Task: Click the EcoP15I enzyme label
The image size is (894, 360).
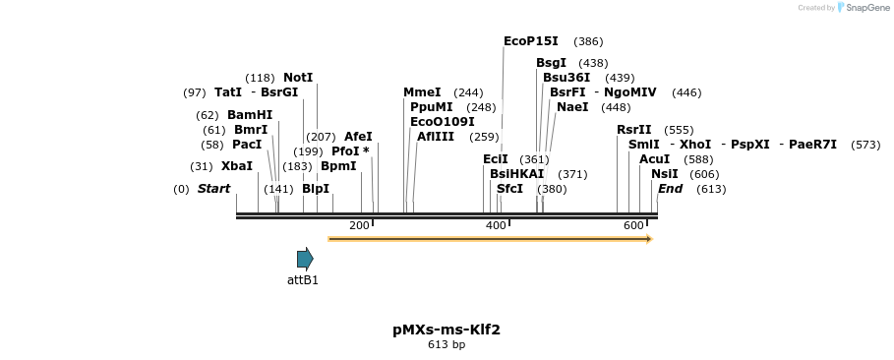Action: (530, 41)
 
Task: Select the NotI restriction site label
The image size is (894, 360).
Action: (298, 77)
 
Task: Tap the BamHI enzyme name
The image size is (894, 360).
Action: (250, 115)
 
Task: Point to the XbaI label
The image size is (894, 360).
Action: (236, 166)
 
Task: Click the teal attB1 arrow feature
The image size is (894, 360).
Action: (305, 259)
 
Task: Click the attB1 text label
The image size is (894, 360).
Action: (303, 280)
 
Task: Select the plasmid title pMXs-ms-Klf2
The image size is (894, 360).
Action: (447, 330)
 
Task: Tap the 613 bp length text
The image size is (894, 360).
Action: (447, 345)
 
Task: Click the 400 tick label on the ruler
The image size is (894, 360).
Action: (496, 225)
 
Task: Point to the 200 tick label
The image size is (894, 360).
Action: (359, 225)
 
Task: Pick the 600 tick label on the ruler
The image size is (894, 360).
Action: (633, 225)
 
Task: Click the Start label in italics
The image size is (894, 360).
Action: (213, 189)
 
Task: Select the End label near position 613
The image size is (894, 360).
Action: (670, 189)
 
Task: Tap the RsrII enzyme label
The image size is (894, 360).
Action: (634, 130)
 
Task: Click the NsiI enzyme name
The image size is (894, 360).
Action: (664, 174)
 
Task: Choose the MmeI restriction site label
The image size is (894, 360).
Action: (422, 92)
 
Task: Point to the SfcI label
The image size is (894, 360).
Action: (509, 189)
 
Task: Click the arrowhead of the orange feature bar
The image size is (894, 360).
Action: (649, 238)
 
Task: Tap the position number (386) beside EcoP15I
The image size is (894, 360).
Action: (588, 41)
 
